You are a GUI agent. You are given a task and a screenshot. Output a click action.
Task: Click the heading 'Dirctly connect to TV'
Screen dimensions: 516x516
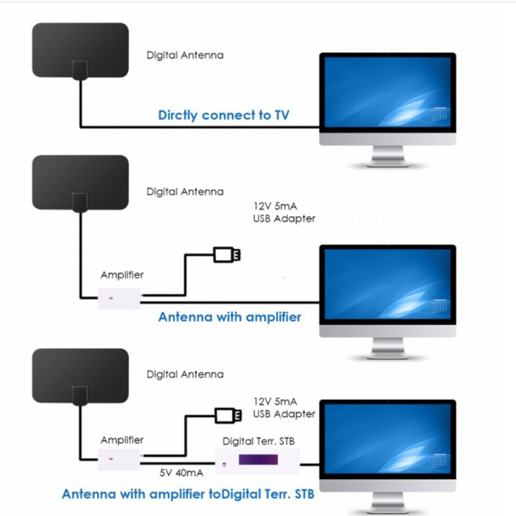224,115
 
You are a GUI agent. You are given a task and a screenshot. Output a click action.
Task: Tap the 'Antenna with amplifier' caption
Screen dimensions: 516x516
230,317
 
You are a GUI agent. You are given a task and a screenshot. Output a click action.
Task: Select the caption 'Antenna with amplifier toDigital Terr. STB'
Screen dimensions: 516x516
188,495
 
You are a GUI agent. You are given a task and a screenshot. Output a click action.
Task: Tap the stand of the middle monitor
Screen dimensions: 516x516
388,348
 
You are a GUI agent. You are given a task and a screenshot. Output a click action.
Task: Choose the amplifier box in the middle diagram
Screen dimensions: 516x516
119,299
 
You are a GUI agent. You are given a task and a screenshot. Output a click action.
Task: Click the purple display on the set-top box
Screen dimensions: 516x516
256,461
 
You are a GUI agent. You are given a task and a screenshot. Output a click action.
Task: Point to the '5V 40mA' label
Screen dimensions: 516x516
181,473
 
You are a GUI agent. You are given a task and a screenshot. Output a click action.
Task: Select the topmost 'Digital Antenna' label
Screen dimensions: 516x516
185,55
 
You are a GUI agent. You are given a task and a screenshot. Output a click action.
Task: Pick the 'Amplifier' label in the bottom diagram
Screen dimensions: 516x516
122,440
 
